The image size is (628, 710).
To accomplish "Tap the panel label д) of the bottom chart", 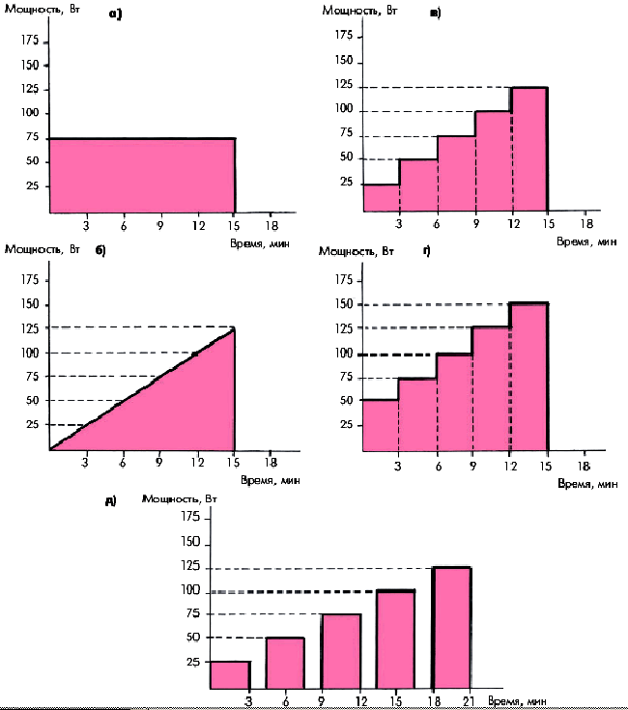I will coord(111,500).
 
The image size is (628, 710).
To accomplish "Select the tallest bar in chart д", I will coord(451,628).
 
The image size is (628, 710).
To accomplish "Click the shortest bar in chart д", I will coord(230,675).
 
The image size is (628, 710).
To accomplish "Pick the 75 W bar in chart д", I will coord(341,651).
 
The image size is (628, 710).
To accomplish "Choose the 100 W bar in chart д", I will coord(396,639).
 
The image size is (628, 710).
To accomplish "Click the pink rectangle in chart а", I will coord(141,175).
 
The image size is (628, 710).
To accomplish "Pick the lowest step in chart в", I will coord(381,197).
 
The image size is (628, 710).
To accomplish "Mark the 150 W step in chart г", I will coord(529,377).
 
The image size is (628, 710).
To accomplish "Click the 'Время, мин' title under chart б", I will coord(262,480).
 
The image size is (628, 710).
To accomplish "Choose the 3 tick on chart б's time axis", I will coord(86,461).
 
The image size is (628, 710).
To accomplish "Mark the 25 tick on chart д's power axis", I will coord(190,662).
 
